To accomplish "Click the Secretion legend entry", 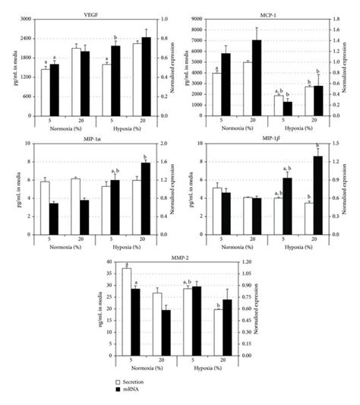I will tap(133, 380).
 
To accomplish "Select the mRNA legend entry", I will tap(129, 388).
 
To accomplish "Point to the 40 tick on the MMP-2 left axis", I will tap(106, 262).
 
